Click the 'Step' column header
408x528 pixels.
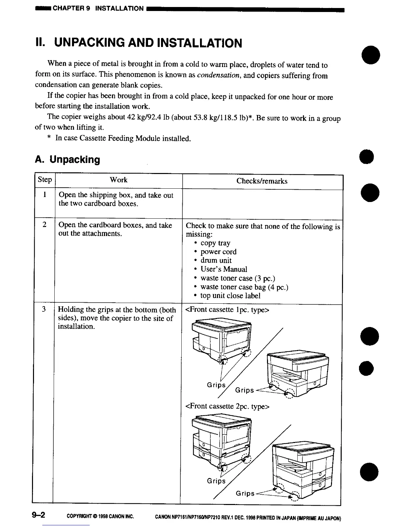pos(45,180)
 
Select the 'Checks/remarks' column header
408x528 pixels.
pos(262,181)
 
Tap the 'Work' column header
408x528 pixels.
pos(119,180)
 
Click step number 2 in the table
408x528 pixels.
pos(44,225)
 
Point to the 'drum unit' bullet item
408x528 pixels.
pos(216,260)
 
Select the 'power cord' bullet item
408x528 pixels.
pos(218,252)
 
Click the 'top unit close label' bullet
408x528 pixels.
pos(230,296)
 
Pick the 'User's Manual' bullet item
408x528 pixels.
pos(224,269)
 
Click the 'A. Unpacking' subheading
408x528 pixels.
pos(67,160)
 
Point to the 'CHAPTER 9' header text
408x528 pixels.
pos(71,8)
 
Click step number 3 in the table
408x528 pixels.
pos(44,309)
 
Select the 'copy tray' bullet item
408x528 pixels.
pos(215,243)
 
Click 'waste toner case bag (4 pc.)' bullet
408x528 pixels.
pos(244,287)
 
